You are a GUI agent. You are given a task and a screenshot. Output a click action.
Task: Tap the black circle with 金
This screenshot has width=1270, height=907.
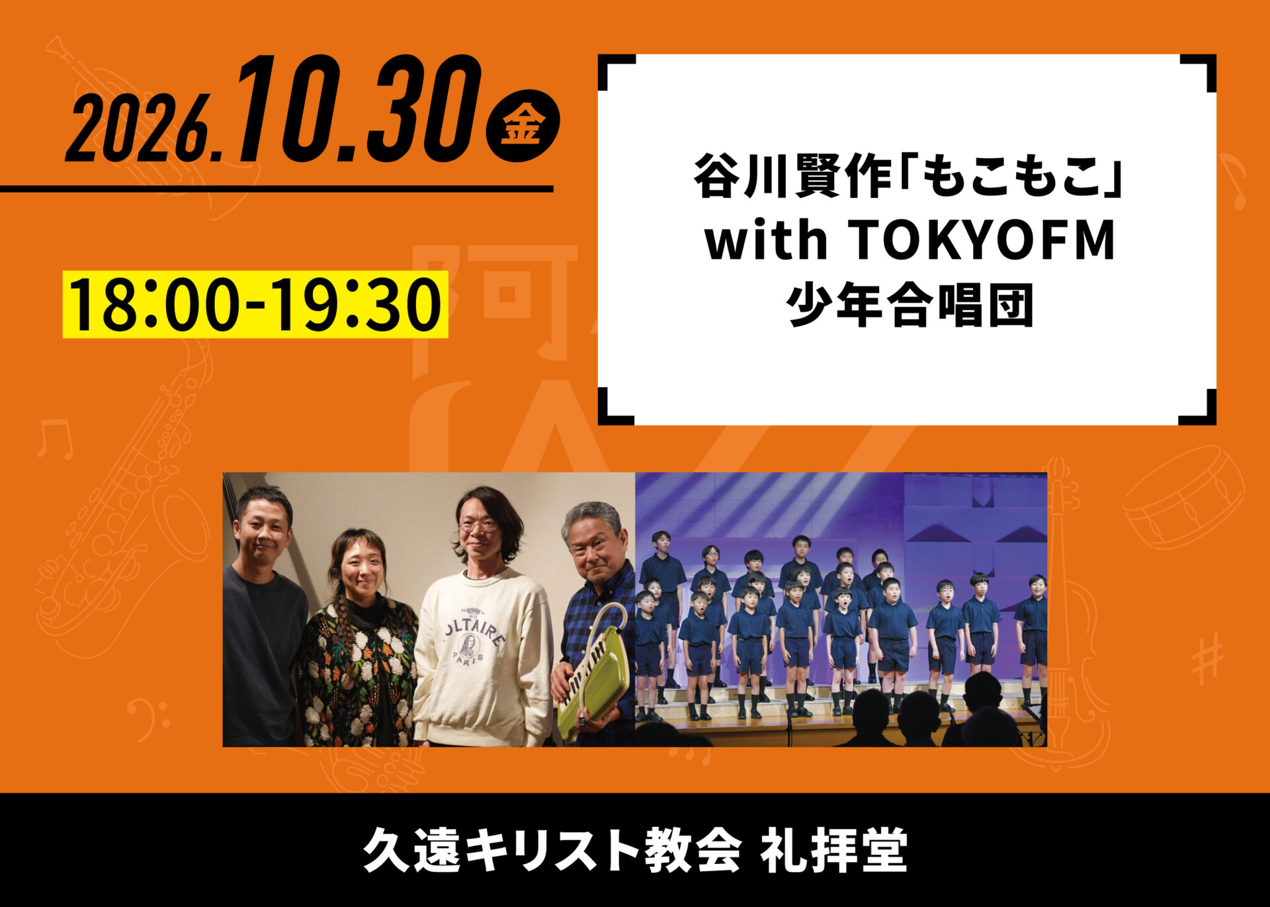tap(523, 126)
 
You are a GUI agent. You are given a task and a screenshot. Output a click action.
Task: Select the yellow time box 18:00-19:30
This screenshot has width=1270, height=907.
tap(255, 304)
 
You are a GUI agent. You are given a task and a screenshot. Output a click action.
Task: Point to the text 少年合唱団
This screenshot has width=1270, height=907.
tap(910, 306)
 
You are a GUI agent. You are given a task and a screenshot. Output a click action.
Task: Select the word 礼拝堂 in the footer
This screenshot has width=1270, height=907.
tap(833, 851)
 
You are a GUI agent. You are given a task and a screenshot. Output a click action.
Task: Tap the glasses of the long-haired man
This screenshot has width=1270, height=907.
tap(478, 526)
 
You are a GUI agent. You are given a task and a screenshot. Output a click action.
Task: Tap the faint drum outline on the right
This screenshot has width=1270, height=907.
tap(1183, 496)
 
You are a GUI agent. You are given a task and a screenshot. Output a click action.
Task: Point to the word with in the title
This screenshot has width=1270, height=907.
tap(767, 241)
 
